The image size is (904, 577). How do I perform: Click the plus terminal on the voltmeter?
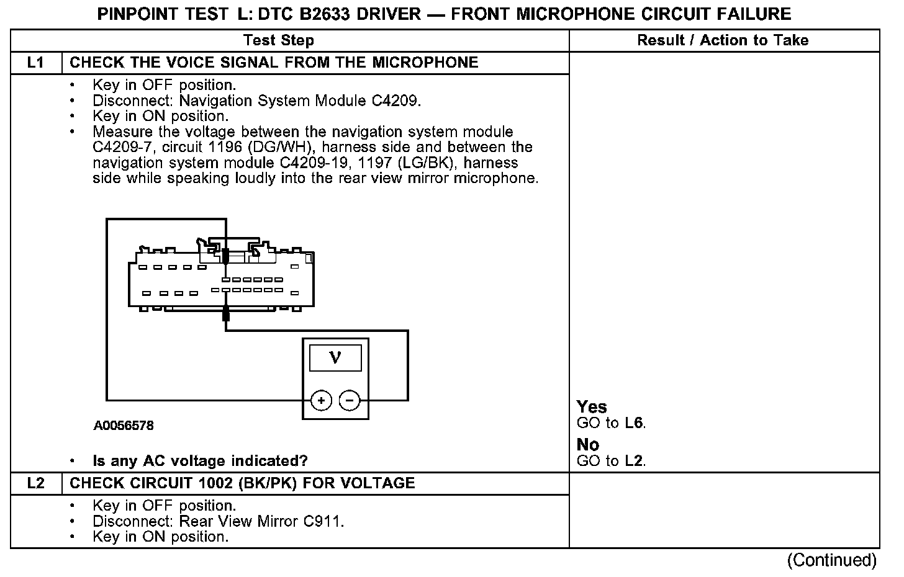tap(321, 401)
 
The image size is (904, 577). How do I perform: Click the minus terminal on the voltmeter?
tap(350, 401)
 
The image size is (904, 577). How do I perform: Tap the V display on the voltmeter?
tap(335, 357)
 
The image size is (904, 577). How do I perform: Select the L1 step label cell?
tap(36, 63)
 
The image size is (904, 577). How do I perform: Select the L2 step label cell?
tap(36, 483)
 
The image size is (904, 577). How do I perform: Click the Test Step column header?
tap(279, 40)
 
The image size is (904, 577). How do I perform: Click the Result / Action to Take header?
tap(723, 40)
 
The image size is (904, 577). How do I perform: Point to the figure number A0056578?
tap(124, 426)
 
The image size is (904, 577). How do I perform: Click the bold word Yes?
tap(592, 407)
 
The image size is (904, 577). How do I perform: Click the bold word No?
tap(588, 445)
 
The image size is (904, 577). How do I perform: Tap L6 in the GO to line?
tap(635, 424)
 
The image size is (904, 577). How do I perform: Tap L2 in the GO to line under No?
tap(635, 461)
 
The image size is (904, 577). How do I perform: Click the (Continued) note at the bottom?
tap(831, 560)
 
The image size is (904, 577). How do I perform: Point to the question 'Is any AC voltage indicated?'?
tap(200, 461)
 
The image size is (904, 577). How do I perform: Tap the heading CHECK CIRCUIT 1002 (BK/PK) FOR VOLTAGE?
tap(242, 483)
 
